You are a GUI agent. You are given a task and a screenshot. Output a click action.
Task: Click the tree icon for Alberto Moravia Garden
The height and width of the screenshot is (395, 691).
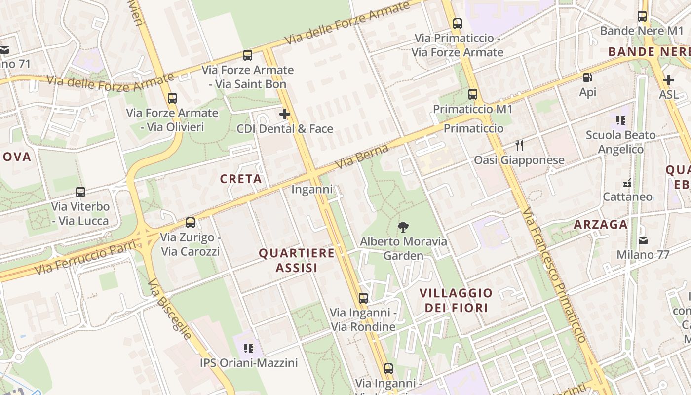[x=403, y=227]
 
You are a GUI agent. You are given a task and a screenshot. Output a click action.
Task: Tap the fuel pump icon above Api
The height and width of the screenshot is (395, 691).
[x=587, y=78]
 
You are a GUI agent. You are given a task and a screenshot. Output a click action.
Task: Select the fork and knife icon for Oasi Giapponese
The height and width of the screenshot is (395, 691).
[x=519, y=145]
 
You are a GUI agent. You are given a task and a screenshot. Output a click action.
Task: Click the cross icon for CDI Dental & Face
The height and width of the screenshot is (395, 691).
[x=285, y=115]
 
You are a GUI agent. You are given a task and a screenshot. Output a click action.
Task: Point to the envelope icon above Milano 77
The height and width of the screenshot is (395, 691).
[x=643, y=240]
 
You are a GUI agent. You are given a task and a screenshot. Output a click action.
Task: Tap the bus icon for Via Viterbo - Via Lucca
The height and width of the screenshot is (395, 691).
[x=80, y=192]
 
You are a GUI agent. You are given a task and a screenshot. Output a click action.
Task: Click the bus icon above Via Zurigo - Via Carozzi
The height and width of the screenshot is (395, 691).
[x=191, y=223]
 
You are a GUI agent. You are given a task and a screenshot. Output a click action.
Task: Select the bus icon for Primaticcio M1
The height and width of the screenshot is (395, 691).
[x=473, y=94]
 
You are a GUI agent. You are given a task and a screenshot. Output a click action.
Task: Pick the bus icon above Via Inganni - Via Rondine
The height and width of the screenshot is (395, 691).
[x=363, y=298]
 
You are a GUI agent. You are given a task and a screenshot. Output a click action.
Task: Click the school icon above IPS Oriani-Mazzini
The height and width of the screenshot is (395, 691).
[x=249, y=349]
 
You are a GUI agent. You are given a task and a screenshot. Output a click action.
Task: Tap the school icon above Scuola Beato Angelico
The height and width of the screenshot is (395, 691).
[x=621, y=120]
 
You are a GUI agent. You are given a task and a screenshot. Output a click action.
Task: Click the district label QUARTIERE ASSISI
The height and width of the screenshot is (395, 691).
[x=297, y=260]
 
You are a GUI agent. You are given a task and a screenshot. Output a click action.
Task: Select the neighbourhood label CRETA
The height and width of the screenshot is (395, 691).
[x=241, y=179]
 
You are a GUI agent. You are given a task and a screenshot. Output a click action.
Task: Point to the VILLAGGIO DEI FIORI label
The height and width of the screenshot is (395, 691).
[x=456, y=300]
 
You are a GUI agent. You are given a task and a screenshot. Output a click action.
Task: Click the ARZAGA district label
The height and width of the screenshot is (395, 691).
[x=600, y=225]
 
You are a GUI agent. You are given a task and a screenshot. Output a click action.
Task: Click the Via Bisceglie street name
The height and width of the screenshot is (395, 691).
[x=169, y=309]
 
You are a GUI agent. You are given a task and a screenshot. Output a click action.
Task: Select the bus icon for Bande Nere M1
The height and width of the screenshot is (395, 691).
[x=642, y=16]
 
